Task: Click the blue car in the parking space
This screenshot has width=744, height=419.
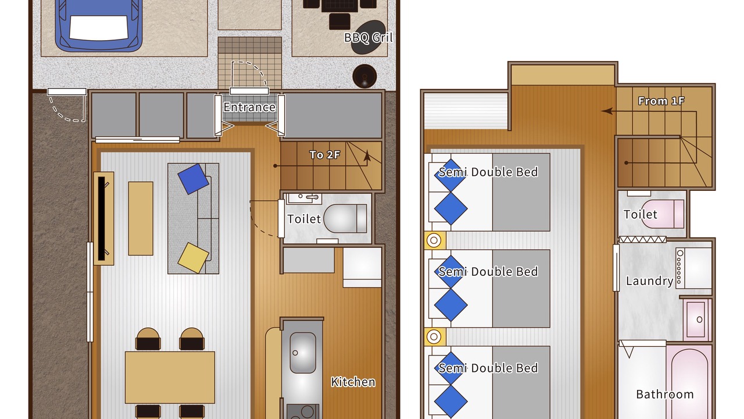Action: pos(99,25)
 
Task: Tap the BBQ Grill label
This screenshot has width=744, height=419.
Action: pos(369,38)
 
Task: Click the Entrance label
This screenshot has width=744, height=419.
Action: pos(249,107)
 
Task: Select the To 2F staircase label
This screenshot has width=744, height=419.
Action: pos(324,155)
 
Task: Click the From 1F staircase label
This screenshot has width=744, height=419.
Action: pos(661,101)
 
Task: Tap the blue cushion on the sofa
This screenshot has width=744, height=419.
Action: pos(194,179)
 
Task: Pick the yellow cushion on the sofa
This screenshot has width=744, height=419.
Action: pos(194,258)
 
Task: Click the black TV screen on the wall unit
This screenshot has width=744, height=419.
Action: pos(101,218)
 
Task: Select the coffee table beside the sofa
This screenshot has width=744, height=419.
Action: pos(141,218)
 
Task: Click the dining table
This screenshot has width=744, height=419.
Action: pos(170,378)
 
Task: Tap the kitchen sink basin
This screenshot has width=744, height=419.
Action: pos(303,353)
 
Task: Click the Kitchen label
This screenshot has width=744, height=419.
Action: pos(353,382)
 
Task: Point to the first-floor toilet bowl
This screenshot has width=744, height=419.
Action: pos(345,218)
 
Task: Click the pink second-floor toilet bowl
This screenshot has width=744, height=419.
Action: pos(663,214)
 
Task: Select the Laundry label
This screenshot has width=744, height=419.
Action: pos(649,281)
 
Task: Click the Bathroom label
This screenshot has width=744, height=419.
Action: pos(665,395)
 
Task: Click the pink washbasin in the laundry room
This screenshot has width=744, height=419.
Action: pos(696,319)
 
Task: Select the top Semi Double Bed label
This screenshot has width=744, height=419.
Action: pos(488,172)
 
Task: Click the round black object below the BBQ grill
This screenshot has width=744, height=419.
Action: pos(364,76)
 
